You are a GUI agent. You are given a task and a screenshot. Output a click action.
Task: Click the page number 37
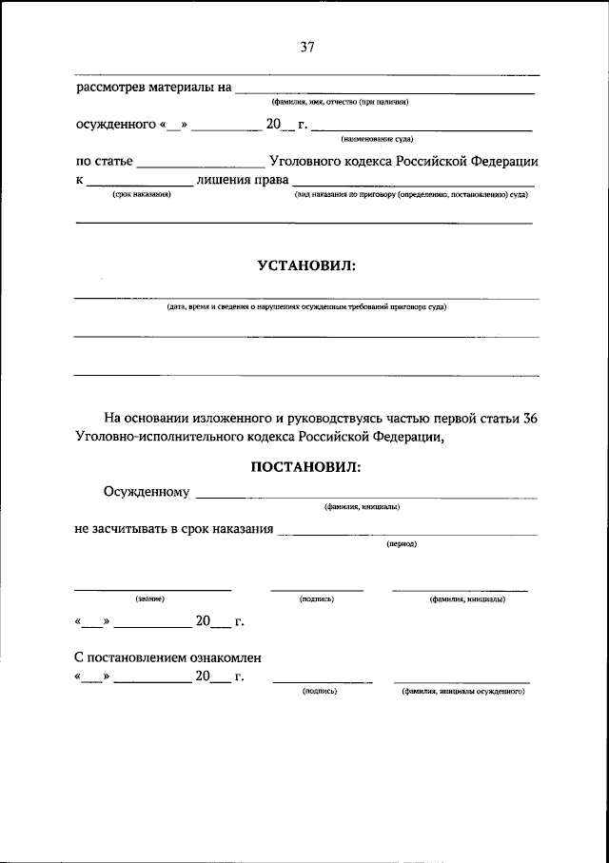[x=306, y=48]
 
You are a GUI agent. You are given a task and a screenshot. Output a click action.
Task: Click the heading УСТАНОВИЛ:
[x=305, y=266]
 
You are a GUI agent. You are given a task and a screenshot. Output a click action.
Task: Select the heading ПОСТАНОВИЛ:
[x=305, y=466]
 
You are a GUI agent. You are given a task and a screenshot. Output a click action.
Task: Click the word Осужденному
[x=147, y=492]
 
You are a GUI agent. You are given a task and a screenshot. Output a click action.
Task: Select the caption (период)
[x=401, y=543]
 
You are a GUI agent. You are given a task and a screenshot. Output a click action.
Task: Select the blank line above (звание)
[x=152, y=589]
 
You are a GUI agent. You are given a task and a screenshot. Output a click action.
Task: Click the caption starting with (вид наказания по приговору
[x=411, y=193]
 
